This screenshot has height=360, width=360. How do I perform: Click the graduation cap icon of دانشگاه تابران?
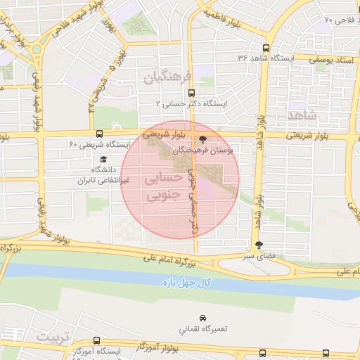103,160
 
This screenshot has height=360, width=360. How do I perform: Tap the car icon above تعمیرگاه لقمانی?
203,319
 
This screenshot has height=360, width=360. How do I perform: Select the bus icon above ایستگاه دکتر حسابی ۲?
193,91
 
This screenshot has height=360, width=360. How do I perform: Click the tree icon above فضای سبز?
260,245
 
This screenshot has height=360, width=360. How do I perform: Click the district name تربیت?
55,337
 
